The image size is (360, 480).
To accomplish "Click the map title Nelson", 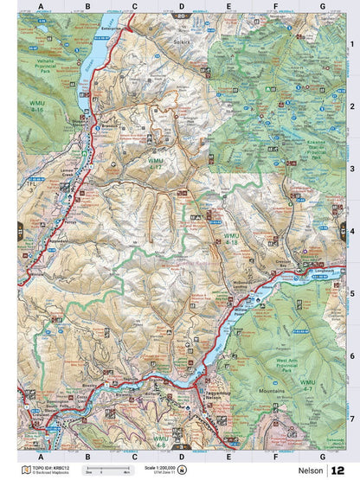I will [x=307, y=470].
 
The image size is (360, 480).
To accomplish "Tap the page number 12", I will [x=338, y=470].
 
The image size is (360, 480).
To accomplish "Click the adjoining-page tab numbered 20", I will [x=180, y=16].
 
